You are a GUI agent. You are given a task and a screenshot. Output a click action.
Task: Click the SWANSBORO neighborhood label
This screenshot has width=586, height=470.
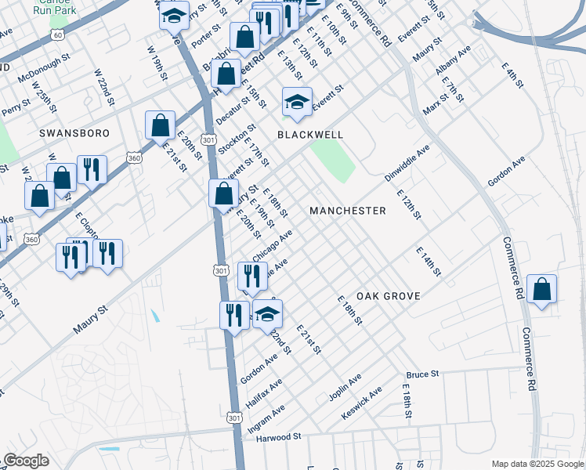click(74, 134)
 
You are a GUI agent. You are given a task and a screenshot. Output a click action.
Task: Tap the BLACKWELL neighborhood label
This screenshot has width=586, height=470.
click(310, 135)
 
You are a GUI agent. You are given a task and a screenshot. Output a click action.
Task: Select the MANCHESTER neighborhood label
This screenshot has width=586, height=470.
click(347, 211)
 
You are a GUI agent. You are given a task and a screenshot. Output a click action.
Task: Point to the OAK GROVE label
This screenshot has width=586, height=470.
click(389, 296)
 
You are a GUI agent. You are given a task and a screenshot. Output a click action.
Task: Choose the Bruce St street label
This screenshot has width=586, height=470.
click(422, 375)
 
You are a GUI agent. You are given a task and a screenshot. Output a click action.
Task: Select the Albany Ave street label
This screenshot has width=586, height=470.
click(453, 60)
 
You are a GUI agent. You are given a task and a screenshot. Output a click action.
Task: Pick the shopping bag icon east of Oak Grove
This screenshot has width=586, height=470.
click(542, 289)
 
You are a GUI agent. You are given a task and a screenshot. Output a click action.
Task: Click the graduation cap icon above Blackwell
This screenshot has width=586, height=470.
click(297, 102)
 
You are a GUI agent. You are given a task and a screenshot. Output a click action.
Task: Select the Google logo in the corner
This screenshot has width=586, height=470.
click(25, 461)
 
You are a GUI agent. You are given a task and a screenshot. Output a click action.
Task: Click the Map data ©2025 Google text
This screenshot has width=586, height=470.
click(537, 464)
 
